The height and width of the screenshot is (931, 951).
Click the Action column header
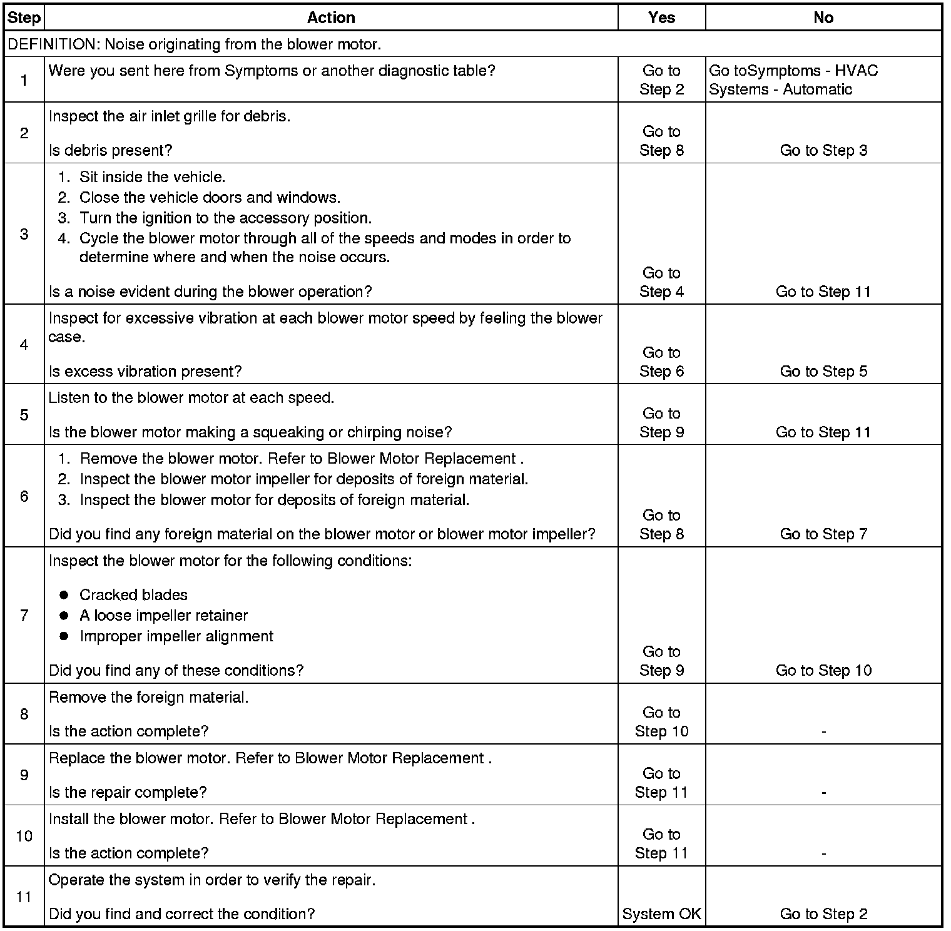pyautogui.click(x=331, y=18)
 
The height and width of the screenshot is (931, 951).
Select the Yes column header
pyautogui.click(x=661, y=18)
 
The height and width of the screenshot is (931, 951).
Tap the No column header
pyautogui.click(x=823, y=18)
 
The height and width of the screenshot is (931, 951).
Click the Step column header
pyautogui.click(x=24, y=18)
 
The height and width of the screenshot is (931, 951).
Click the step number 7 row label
pyautogui.click(x=24, y=615)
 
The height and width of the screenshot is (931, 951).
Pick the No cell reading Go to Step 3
pyautogui.click(x=823, y=150)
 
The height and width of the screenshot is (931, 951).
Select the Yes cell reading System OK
pyautogui.click(x=661, y=913)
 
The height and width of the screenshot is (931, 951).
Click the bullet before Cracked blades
pyautogui.click(x=64, y=595)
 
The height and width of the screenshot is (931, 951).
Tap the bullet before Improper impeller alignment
pyautogui.click(x=64, y=636)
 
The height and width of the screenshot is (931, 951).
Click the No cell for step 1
pyautogui.click(x=793, y=79)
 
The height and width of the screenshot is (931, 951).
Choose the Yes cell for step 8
pyautogui.click(x=661, y=721)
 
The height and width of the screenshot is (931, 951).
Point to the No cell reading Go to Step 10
pyautogui.click(x=823, y=670)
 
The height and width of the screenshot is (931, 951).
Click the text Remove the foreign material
pyautogui.click(x=148, y=697)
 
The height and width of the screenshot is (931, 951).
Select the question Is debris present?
pyautogui.click(x=110, y=150)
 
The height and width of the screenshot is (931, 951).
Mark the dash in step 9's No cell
pyautogui.click(x=823, y=793)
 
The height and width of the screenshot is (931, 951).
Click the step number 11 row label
pyautogui.click(x=24, y=897)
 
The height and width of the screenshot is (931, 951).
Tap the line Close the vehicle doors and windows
pyautogui.click(x=210, y=198)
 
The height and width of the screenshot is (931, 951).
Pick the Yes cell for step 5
pyautogui.click(x=661, y=422)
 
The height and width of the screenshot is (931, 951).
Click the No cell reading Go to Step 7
pyautogui.click(x=823, y=534)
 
